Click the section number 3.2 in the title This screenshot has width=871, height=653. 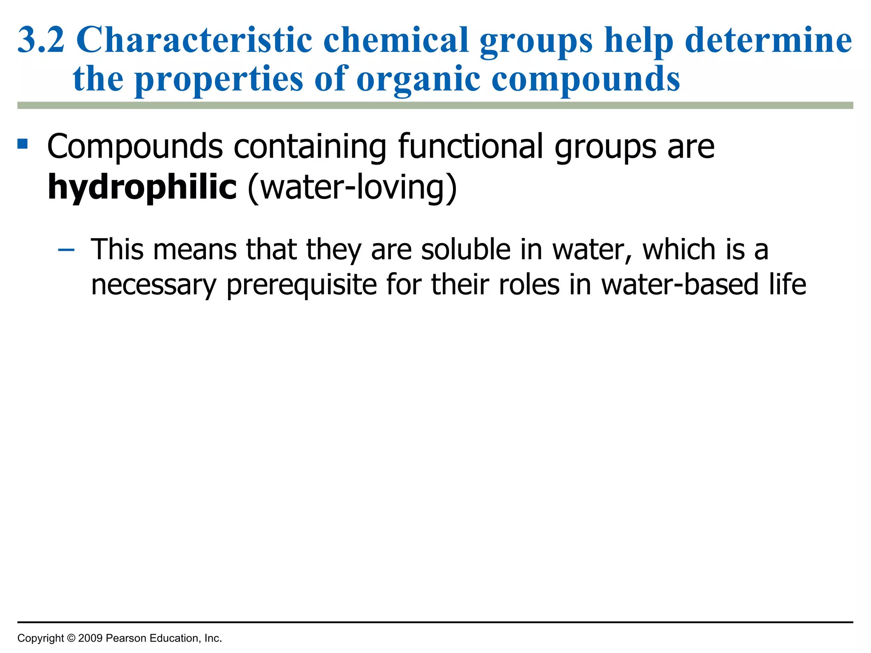pos(41,40)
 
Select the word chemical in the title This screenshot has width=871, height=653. pos(396,40)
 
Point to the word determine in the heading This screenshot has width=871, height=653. pos(769,40)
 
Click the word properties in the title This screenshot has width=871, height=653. pos(219,79)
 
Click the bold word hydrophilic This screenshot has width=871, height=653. pos(142,187)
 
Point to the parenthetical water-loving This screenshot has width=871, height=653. pos(352,187)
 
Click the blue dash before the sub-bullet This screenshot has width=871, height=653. pos(66,250)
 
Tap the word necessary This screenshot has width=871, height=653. pos(154,285)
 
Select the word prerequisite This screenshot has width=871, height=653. pos(302,285)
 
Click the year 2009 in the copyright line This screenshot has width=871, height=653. pos(90,638)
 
